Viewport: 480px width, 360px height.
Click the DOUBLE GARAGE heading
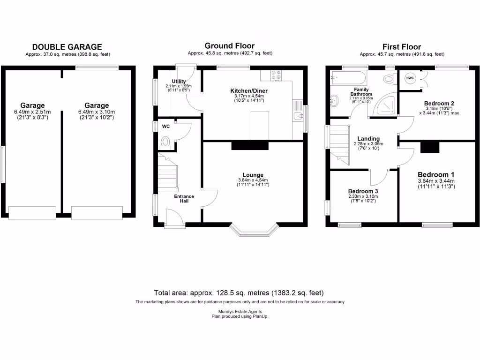tap(67, 47)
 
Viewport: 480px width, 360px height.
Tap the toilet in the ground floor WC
tap(165, 142)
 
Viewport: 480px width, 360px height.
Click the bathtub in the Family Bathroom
tap(347, 78)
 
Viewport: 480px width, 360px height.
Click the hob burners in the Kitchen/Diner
tap(276, 75)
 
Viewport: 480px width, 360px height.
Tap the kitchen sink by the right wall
tap(297, 116)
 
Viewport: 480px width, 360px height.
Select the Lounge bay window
tap(254, 230)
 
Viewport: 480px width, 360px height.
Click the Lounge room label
tap(253, 175)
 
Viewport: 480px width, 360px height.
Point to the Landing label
tap(368, 139)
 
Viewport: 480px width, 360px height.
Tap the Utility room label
tap(179, 82)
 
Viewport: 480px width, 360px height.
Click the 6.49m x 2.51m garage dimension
tap(32, 112)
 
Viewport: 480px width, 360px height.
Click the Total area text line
tap(240, 292)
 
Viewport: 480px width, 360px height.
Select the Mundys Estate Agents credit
tap(240, 312)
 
